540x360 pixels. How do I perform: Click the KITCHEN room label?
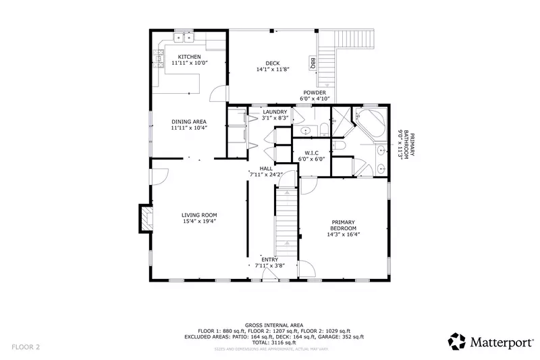point(188,56)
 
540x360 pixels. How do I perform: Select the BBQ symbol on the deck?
point(313,63)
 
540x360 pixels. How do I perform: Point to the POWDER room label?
point(314,93)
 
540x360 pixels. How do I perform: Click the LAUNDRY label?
point(275,111)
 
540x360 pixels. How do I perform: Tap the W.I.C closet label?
point(311,153)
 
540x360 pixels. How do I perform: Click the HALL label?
point(256,169)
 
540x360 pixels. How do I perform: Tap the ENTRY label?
point(270,259)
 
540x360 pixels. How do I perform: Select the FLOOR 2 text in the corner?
point(26,347)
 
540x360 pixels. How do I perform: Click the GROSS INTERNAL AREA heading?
point(269,324)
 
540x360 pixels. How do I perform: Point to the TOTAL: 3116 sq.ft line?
point(269,342)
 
